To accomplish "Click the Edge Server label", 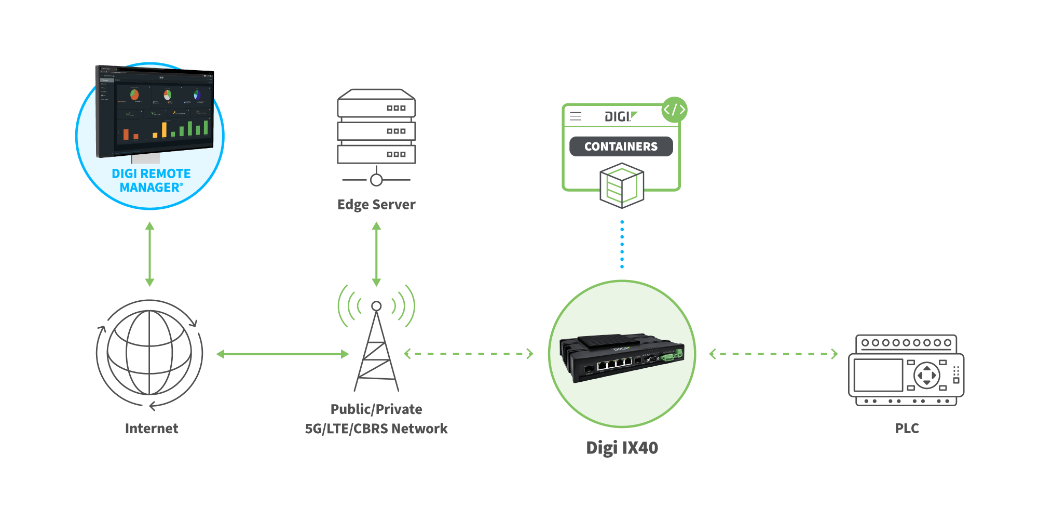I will click(376, 205).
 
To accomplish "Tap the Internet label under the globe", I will click(152, 429).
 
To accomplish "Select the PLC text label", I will click(907, 429).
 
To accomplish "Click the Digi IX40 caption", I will click(622, 448).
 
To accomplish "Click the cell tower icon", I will click(376, 345).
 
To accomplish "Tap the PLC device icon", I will click(906, 370).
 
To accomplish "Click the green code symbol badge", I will click(675, 110).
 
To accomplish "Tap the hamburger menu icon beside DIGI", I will click(576, 116).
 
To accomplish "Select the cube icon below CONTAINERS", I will click(622, 185).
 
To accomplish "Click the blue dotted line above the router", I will click(622, 244).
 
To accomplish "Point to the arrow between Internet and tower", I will click(282, 354).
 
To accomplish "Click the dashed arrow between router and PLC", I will click(773, 354).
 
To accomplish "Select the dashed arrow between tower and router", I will click(469, 354).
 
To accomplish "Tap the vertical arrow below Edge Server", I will click(377, 254).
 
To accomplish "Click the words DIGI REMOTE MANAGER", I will click(151, 180).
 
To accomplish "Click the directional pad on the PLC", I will click(926, 375).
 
